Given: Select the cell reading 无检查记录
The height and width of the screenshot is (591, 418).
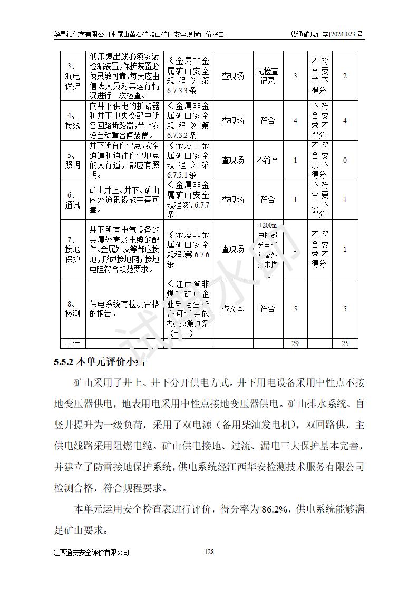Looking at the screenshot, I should click(267, 76).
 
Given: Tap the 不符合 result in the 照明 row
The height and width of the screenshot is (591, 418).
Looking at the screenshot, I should click(267, 160).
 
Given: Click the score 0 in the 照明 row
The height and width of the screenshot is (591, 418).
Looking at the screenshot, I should click(345, 160).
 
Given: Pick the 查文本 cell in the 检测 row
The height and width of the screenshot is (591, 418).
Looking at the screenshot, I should click(232, 309).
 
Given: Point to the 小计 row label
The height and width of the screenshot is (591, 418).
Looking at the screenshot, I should click(72, 343).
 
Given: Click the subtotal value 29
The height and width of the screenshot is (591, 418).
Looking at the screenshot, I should click(295, 343).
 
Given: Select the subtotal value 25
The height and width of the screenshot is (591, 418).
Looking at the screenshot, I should click(345, 343).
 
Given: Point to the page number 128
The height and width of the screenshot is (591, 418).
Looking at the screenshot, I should click(209, 552).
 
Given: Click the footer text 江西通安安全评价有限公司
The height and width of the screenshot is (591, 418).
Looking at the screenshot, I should click(91, 553).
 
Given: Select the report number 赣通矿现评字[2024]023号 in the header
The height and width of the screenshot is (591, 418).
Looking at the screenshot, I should click(327, 35).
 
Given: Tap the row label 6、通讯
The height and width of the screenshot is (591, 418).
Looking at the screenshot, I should click(72, 200).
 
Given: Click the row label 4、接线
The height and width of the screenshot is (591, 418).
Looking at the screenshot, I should click(72, 121).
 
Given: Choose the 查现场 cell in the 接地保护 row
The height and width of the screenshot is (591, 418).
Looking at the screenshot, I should click(232, 249).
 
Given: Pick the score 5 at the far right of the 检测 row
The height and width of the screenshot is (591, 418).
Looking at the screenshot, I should click(345, 309).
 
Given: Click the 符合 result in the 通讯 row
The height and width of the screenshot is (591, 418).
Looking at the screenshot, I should click(267, 200).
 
